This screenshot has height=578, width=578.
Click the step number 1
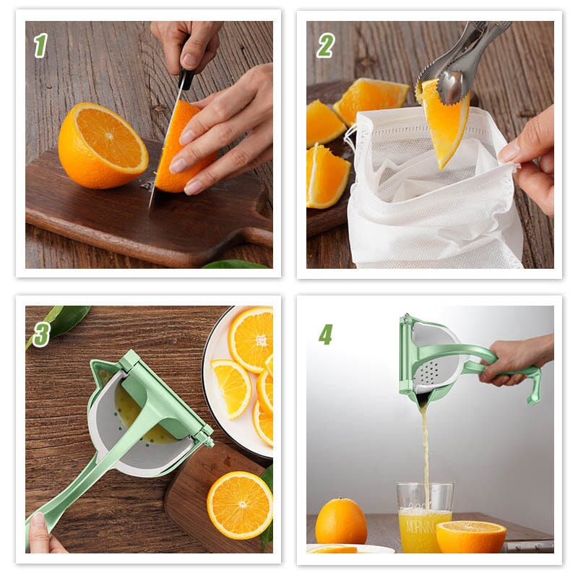pos(40,46)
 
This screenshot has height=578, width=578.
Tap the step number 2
pos(325,46)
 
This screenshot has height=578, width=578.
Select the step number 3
pos(41,333)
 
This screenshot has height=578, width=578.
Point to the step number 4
pos(326,334)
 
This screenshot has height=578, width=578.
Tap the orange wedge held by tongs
pos(444,123)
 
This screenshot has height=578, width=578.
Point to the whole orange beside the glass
pos(341,522)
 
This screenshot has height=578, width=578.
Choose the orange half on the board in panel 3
pos(239,504)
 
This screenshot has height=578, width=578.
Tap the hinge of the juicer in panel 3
pos(204,434)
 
